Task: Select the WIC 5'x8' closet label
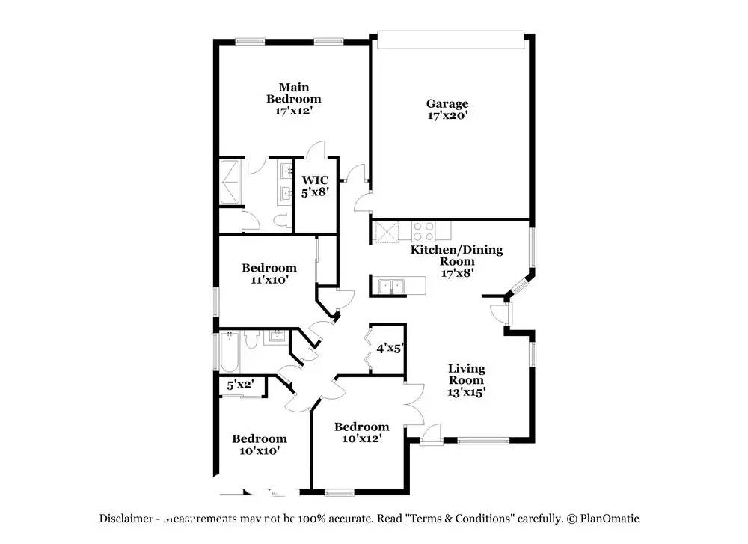click(315, 186)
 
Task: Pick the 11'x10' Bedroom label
click(269, 273)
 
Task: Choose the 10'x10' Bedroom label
click(259, 444)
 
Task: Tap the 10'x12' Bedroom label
click(362, 433)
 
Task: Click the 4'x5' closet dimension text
click(389, 348)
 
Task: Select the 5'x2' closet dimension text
click(240, 385)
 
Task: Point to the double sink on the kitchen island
click(390, 286)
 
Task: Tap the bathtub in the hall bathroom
click(230, 352)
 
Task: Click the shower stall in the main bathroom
click(230, 182)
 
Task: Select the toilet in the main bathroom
click(282, 219)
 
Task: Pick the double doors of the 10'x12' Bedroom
click(411, 404)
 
